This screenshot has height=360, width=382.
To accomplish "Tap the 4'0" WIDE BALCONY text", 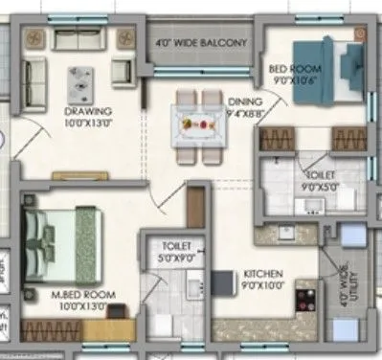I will coord(204,43).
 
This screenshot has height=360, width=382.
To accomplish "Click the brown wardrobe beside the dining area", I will coord(196,207).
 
